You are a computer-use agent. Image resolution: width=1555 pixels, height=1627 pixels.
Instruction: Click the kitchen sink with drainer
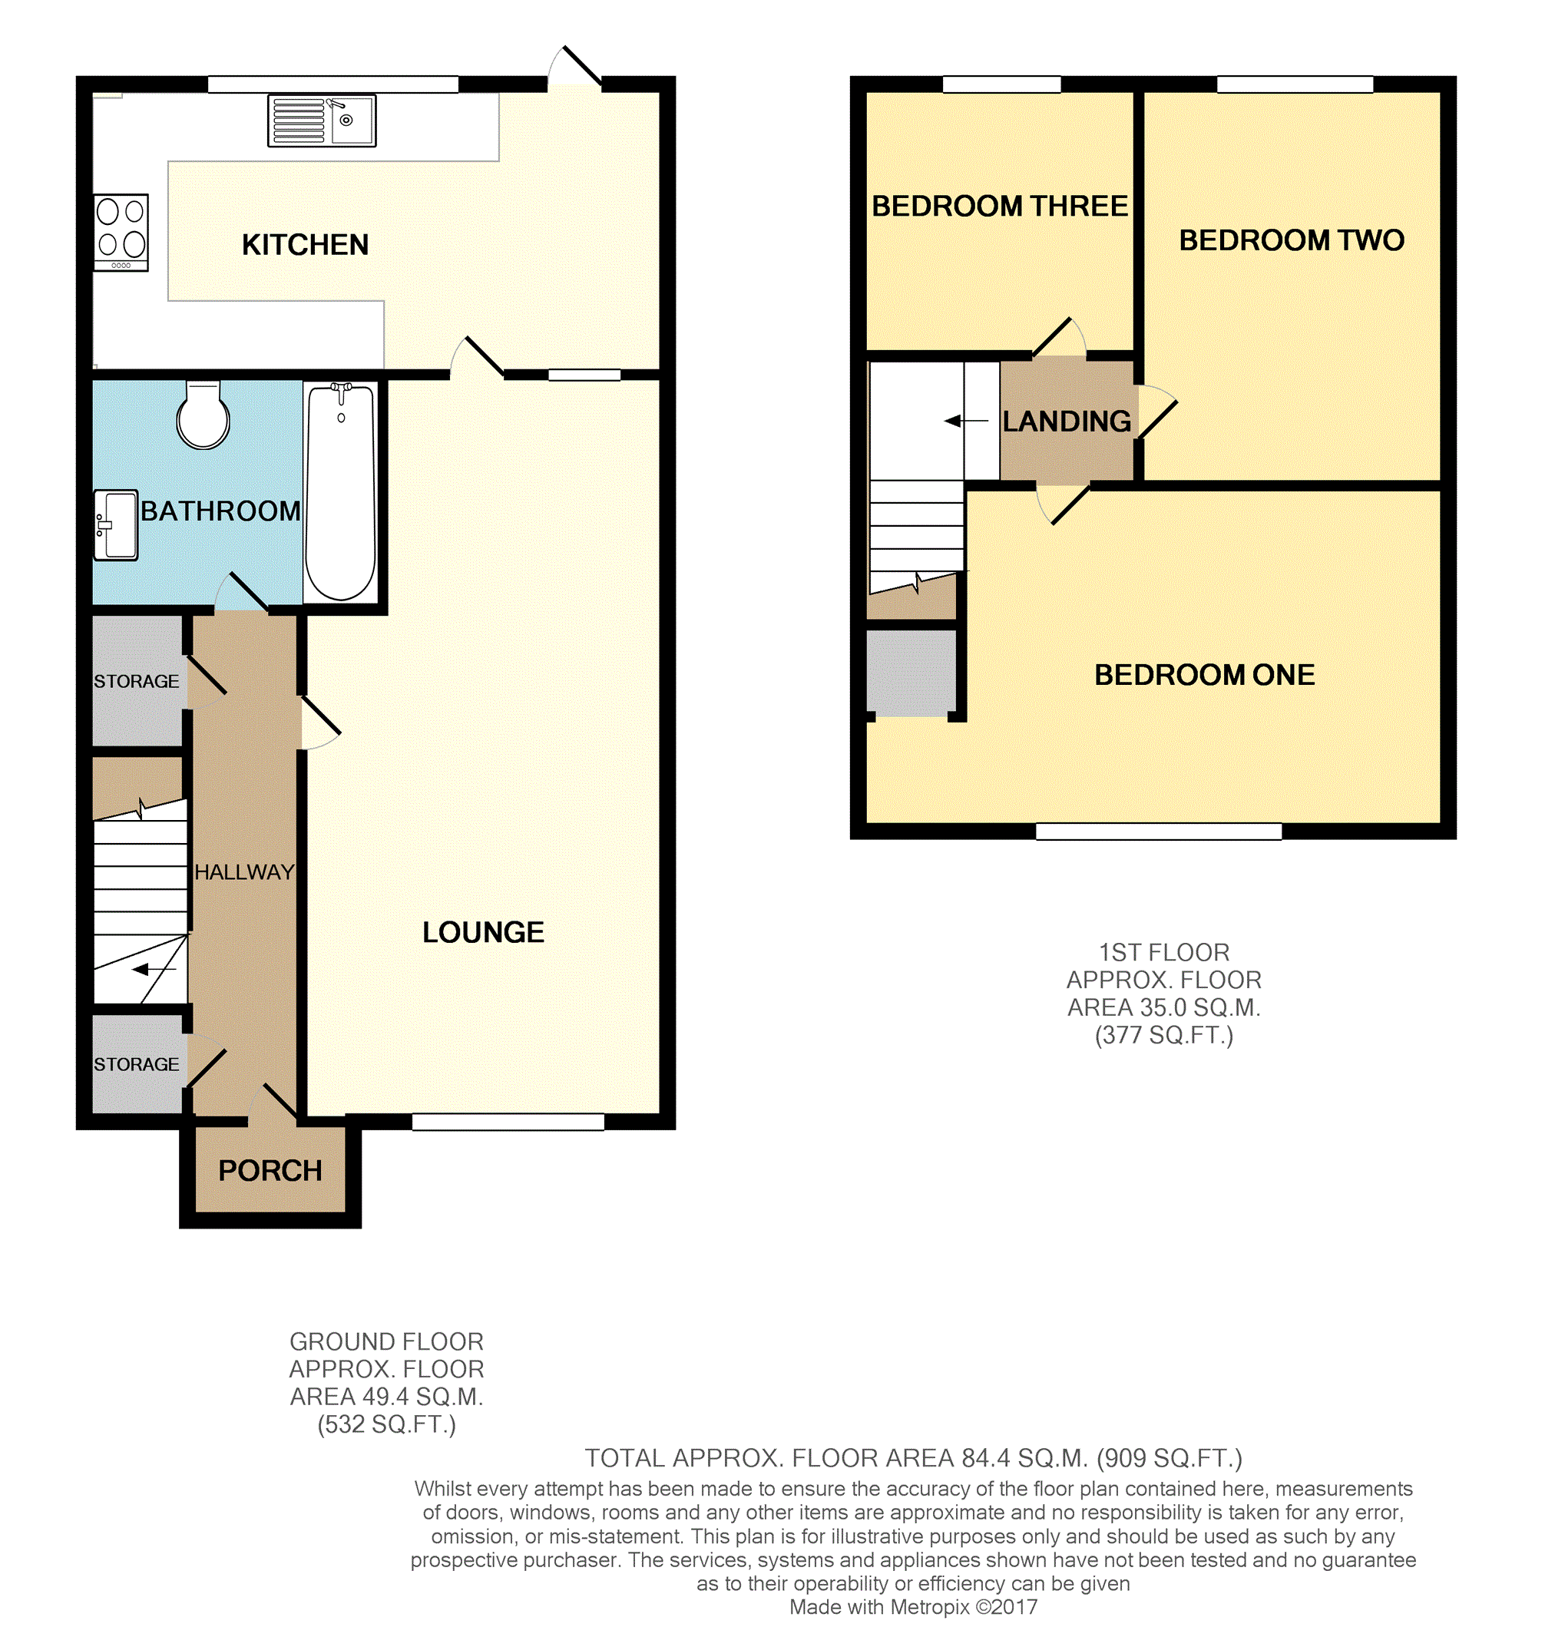pyautogui.click(x=322, y=121)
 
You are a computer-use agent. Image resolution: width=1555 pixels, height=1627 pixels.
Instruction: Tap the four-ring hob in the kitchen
pyautogui.click(x=121, y=233)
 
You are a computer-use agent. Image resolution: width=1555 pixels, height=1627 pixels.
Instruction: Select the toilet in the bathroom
pyautogui.click(x=203, y=415)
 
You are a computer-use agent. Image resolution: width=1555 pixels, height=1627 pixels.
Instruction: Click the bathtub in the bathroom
pyautogui.click(x=341, y=492)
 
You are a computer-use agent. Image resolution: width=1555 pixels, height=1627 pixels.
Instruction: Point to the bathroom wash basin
pyautogui.click(x=115, y=525)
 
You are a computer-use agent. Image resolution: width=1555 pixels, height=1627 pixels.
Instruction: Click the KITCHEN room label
pyautogui.click(x=305, y=246)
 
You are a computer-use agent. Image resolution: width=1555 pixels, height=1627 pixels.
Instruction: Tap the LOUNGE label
pyautogui.click(x=483, y=932)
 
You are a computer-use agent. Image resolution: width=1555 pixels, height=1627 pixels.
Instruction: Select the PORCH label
pyautogui.click(x=270, y=1171)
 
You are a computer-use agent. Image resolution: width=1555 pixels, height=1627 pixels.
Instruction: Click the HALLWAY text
pyautogui.click(x=244, y=872)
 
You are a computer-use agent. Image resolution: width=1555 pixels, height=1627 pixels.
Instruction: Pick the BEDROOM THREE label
pyautogui.click(x=1000, y=207)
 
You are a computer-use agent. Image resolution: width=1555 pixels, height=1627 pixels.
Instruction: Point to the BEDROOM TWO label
pyautogui.click(x=1292, y=240)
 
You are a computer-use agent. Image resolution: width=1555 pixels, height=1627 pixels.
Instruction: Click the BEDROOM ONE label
pyautogui.click(x=1204, y=675)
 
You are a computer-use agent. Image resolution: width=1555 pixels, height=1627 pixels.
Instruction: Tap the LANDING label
pyautogui.click(x=1067, y=421)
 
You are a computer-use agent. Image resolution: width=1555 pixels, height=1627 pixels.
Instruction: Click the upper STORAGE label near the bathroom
pyautogui.click(x=136, y=681)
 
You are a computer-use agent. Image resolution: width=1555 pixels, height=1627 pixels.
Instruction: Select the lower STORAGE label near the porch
pyautogui.click(x=136, y=1064)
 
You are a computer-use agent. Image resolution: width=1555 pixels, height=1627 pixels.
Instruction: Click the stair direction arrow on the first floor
pyautogui.click(x=967, y=421)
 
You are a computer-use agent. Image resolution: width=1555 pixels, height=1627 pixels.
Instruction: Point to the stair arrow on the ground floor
pyautogui.click(x=154, y=969)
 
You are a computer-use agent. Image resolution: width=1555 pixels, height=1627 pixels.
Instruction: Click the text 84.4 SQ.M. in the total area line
pyautogui.click(x=1024, y=1458)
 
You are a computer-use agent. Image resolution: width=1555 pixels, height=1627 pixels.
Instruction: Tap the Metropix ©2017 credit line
pyautogui.click(x=914, y=1608)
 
